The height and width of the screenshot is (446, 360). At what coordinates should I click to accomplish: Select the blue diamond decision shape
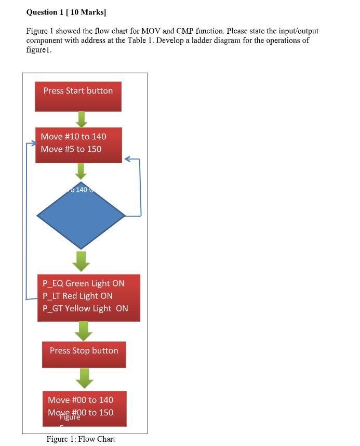[81, 215]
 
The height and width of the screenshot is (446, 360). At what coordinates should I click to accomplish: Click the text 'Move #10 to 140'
[73, 137]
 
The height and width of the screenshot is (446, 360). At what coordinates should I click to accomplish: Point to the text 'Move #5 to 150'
[71, 149]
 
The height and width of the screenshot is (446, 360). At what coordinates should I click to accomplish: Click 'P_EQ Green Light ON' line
[84, 283]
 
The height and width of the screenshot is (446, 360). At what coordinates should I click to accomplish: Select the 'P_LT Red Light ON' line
[77, 296]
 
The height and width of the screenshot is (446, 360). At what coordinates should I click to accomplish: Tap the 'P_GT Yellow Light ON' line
[85, 308]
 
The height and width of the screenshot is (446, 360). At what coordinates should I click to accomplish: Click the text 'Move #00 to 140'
[81, 400]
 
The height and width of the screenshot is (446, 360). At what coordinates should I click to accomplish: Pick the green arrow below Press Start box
[81, 119]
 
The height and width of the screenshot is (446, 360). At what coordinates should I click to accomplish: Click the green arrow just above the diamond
[81, 171]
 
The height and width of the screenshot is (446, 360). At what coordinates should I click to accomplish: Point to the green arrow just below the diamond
[81, 261]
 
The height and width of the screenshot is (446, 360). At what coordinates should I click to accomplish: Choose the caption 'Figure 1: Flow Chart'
[81, 439]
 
